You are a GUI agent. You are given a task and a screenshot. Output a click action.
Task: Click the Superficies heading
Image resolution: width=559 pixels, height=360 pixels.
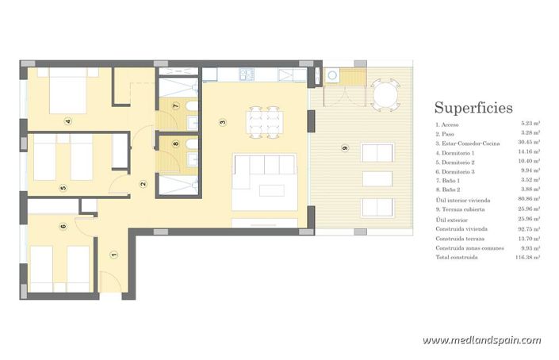pyautogui.click(x=473, y=108)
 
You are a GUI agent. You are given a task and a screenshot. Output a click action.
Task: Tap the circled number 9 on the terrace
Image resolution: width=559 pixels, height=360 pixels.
pyautogui.click(x=344, y=147)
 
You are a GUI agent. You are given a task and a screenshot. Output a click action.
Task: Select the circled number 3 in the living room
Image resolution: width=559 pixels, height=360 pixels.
pyautogui.click(x=223, y=121)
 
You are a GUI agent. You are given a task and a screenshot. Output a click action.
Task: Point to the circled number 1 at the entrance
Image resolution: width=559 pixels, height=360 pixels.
pyautogui.click(x=113, y=255)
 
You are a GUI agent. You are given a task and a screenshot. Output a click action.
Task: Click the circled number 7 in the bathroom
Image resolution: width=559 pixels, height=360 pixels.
pyautogui.click(x=175, y=105)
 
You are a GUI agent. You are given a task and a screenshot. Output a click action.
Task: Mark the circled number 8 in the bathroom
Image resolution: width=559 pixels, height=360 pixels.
pyautogui.click(x=175, y=144)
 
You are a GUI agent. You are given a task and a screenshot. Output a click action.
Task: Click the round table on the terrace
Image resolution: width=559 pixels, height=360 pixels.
pyautogui.click(x=385, y=95)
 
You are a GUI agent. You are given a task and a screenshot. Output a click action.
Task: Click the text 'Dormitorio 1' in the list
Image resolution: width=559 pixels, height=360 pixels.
pyautogui.click(x=456, y=151)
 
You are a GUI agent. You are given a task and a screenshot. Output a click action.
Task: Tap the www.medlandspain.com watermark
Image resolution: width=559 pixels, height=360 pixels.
pyautogui.click(x=481, y=340)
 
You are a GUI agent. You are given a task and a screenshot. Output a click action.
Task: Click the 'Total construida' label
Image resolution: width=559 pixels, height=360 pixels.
pyautogui.click(x=456, y=257)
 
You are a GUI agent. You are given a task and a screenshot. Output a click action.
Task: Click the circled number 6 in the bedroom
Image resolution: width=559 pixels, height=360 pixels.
pyautogui.click(x=63, y=226)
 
